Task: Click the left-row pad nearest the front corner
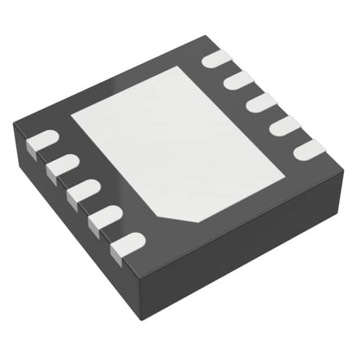pyautogui.click(x=128, y=243)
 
